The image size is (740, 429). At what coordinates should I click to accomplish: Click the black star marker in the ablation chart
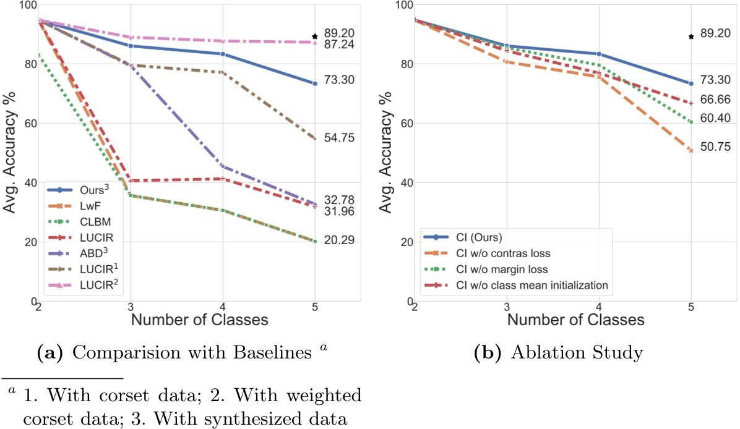click(x=691, y=36)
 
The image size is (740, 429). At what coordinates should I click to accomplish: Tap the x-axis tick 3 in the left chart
click(x=131, y=308)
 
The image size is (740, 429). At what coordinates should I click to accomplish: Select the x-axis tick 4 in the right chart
click(x=599, y=308)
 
